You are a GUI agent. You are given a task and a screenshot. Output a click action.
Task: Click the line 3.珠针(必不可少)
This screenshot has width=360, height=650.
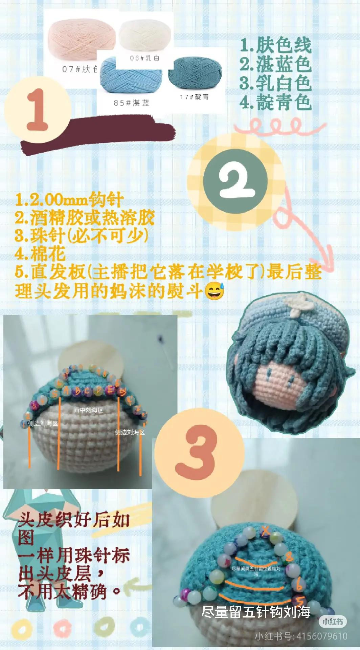point(81,236)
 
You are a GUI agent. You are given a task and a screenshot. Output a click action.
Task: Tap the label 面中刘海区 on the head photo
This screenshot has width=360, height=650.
point(88,410)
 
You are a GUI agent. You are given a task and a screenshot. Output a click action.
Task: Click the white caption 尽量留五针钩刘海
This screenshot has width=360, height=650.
point(256,611)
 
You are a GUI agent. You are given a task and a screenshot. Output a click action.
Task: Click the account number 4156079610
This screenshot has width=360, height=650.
point(322,636)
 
